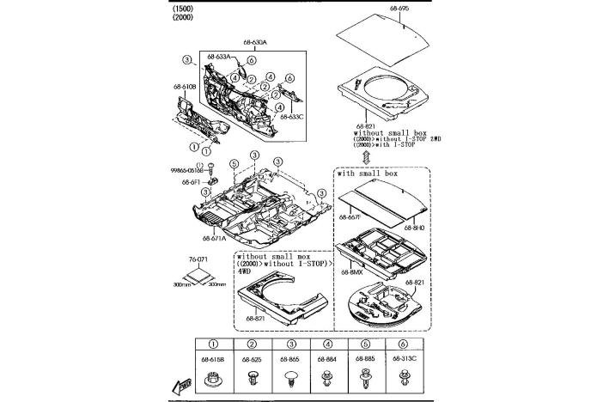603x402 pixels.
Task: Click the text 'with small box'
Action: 368,174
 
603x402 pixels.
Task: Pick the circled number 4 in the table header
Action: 327,344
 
